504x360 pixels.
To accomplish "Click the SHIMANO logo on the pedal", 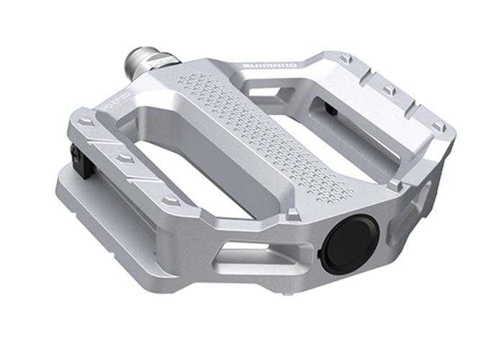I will (x=270, y=66).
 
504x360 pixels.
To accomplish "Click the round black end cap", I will (x=345, y=246).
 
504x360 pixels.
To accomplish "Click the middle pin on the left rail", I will (x=126, y=157).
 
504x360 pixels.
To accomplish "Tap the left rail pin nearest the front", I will (x=170, y=199).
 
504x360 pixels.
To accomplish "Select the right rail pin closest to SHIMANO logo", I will (x=346, y=58).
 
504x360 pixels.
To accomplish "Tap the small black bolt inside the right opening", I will (x=329, y=109).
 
